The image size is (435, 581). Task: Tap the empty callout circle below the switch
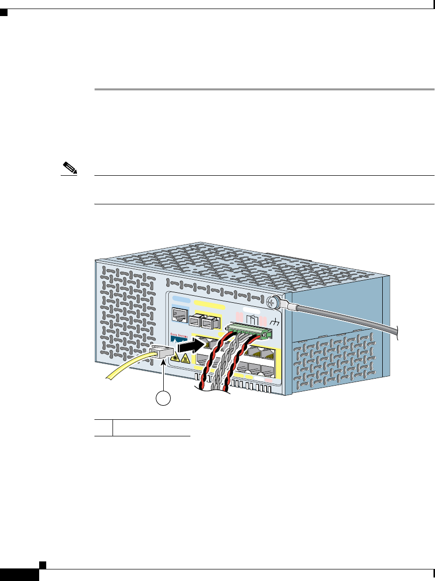(x=162, y=399)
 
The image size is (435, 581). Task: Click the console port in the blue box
(x=179, y=315)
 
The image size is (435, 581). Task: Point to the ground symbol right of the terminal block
(x=275, y=322)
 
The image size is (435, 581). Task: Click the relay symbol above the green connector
(x=252, y=319)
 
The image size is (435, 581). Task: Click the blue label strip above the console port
(x=180, y=299)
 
